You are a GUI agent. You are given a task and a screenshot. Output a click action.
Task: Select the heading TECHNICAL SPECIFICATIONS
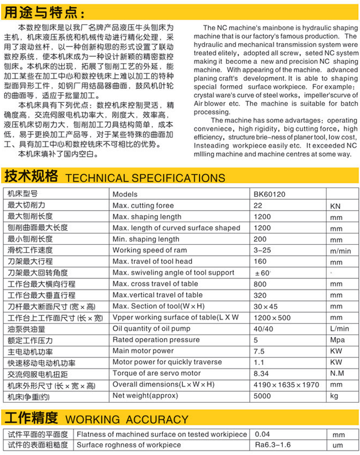pyautogui.click(x=144, y=178)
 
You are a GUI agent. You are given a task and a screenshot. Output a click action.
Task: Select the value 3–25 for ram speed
pyautogui.click(x=262, y=251)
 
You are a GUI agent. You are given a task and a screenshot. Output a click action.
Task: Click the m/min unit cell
pyautogui.click(x=341, y=251)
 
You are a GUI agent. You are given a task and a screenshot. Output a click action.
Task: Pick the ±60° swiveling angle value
pyautogui.click(x=263, y=273)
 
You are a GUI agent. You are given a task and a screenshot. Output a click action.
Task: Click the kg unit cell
pyautogui.click(x=335, y=396)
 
